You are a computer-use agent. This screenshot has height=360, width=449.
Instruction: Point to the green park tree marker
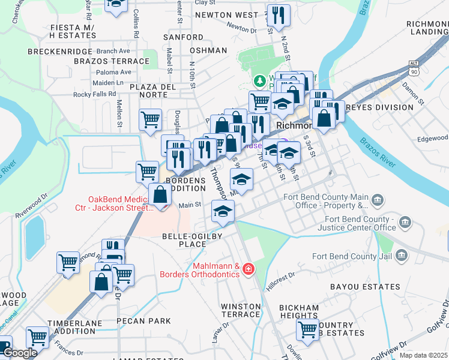[259, 80]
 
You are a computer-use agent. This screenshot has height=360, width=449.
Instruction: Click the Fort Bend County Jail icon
[402, 256]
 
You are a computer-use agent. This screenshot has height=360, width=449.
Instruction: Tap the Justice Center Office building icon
[405, 223]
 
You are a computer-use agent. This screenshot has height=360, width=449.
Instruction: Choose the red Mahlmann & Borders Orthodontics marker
[249, 271]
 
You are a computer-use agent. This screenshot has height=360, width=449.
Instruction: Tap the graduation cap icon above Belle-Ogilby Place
[223, 211]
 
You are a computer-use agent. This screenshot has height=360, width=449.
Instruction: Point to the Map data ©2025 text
[423, 355]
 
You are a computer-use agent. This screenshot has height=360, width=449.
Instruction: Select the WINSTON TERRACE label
[241, 310]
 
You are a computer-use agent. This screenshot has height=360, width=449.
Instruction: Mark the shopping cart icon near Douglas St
[149, 119]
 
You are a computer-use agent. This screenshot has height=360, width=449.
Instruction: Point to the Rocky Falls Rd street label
[94, 94]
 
